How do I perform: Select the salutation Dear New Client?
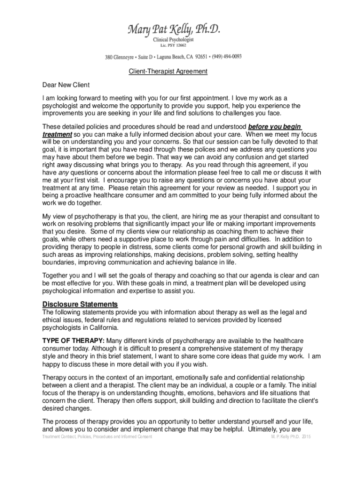[x=66, y=85]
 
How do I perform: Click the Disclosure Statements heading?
[x=80, y=305]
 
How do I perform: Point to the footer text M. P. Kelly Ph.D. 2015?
[x=291, y=437]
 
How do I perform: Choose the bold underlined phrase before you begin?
[x=274, y=126]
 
